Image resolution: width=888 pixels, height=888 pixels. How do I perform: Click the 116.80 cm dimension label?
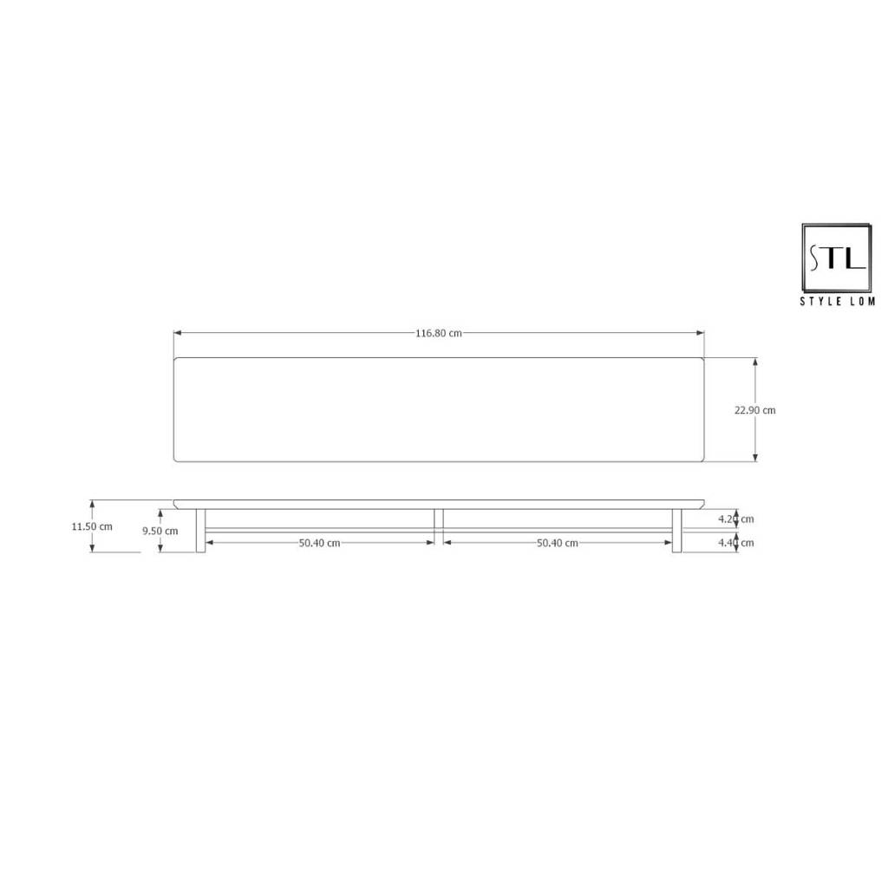tap(438, 333)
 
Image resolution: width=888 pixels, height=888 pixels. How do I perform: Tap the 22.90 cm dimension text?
tap(755, 410)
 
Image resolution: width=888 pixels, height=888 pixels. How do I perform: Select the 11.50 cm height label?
tap(92, 526)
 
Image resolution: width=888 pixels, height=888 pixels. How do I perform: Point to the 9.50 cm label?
tap(160, 531)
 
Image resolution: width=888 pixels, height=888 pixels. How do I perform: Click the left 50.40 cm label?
tap(319, 543)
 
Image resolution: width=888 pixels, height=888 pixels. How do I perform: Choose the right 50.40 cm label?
tap(558, 543)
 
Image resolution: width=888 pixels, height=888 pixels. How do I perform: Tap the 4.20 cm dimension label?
tap(735, 519)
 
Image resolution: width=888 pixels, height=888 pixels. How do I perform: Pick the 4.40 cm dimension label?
tap(735, 543)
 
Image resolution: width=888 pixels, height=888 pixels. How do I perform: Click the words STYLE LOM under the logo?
tap(838, 301)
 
